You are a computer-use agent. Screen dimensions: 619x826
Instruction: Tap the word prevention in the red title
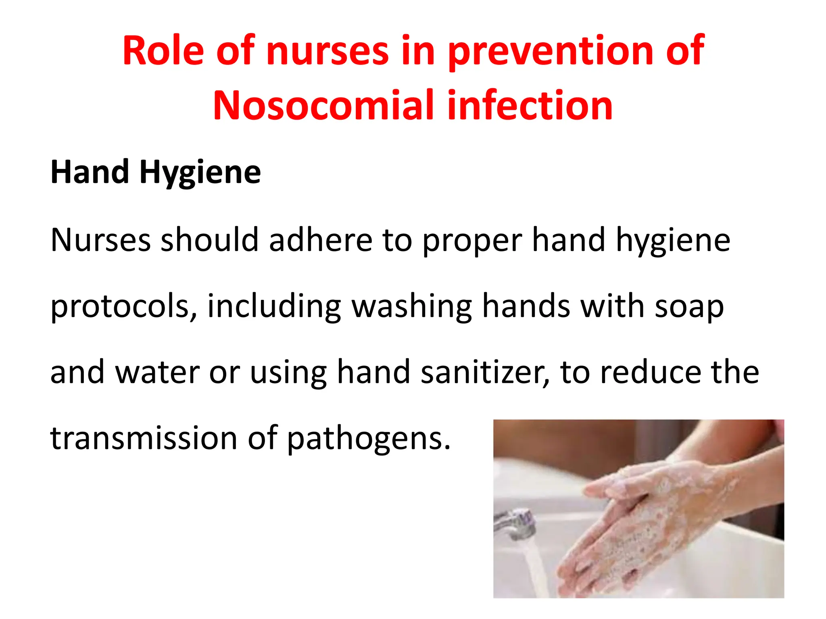click(x=550, y=52)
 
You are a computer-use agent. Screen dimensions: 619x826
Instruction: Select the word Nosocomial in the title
click(x=323, y=106)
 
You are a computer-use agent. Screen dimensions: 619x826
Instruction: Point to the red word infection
click(x=530, y=106)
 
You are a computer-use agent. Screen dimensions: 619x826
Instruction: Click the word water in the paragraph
click(x=157, y=372)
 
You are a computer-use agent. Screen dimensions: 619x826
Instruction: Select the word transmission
click(x=144, y=438)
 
